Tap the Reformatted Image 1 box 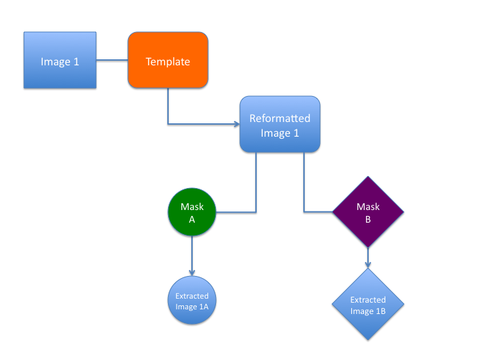(x=280, y=124)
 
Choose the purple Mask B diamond (x=368, y=212)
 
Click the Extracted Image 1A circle (x=192, y=301)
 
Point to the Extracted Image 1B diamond (x=368, y=305)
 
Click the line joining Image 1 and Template (x=112, y=61)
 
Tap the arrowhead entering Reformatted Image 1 (x=236, y=124)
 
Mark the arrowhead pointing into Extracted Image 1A (x=192, y=272)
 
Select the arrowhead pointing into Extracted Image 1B (x=368, y=265)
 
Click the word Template (x=168, y=62)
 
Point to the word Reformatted (x=280, y=118)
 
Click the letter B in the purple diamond (x=368, y=220)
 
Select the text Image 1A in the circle (x=192, y=307)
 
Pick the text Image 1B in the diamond (x=368, y=311)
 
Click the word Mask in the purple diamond (x=368, y=207)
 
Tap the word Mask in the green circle (x=192, y=206)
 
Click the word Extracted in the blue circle (x=192, y=296)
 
